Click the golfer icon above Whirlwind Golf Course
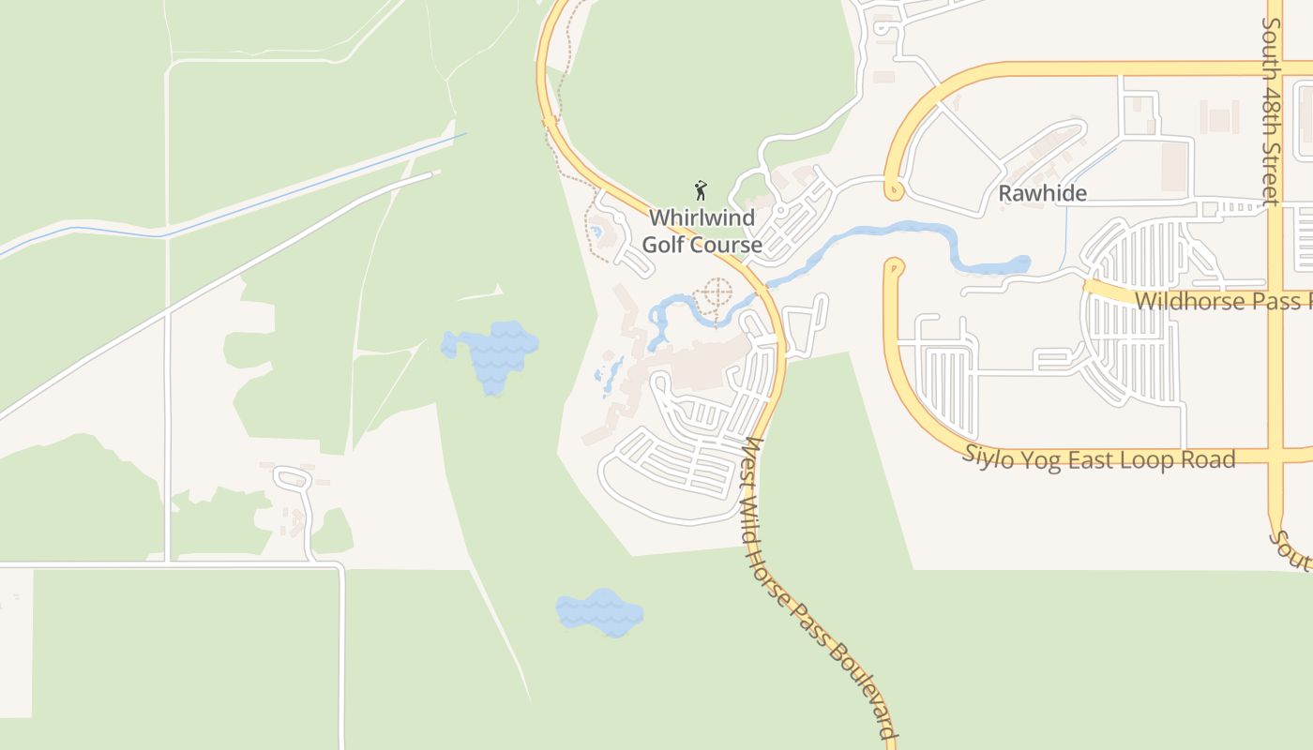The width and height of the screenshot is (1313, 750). coord(701,190)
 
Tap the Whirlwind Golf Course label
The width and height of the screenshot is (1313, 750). coord(702,232)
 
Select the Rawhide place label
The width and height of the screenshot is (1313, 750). coord(1042,194)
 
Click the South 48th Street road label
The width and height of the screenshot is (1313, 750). coord(1272,111)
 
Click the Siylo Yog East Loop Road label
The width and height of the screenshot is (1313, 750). coord(1099,458)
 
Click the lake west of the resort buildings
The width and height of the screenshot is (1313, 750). coord(492,353)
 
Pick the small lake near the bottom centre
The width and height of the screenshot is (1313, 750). coord(600,613)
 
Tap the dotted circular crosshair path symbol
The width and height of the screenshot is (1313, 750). coord(716,293)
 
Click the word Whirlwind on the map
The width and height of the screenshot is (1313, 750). coord(702,217)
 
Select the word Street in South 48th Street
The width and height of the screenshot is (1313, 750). coord(1272,169)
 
